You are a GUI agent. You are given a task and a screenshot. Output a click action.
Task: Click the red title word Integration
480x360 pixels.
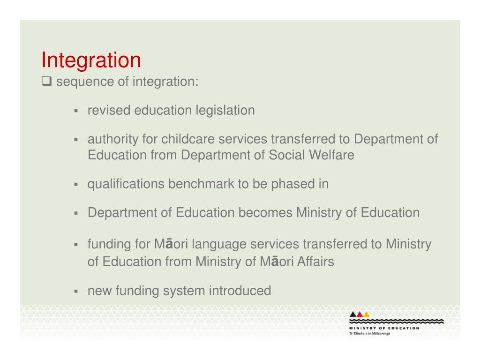pyautogui.click(x=91, y=60)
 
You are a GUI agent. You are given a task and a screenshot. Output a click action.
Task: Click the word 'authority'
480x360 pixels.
pyautogui.click(x=113, y=140)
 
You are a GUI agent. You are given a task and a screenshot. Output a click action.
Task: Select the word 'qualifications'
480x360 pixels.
pyautogui.click(x=126, y=184)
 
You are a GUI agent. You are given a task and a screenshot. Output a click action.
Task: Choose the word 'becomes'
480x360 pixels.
pyautogui.click(x=266, y=213)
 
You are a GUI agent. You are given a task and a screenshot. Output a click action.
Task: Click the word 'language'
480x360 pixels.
pyautogui.click(x=219, y=244)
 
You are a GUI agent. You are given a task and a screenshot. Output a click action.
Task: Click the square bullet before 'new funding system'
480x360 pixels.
pyautogui.click(x=75, y=292)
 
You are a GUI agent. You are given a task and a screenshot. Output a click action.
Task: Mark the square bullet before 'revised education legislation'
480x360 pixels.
pyautogui.click(x=75, y=112)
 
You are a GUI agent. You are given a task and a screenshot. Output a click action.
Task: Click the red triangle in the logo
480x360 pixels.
pyautogui.click(x=360, y=314)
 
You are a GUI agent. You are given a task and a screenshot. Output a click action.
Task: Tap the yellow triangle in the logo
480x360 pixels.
pyautogui.click(x=367, y=314)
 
